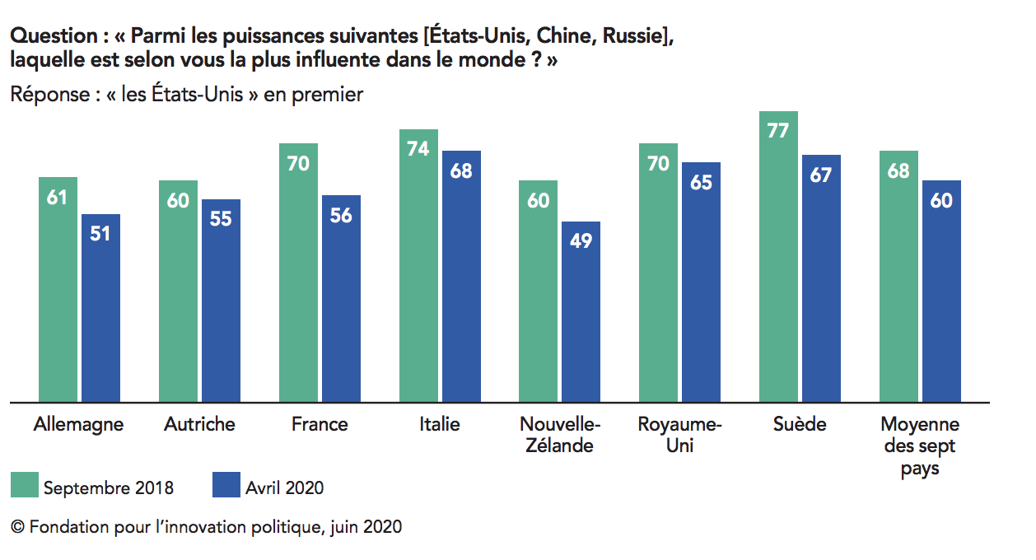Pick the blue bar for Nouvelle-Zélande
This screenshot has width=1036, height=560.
581,312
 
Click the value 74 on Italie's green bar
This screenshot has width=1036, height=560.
418,149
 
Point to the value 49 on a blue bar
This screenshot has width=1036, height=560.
581,241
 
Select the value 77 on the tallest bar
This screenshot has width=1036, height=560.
778,131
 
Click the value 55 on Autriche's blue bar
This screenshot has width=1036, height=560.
221,219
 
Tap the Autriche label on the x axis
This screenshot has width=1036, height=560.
199,424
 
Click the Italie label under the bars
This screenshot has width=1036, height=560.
439,424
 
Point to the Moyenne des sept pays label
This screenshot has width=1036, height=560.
919,446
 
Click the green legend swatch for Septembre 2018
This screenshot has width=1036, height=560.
24,485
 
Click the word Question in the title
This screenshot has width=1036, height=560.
54,36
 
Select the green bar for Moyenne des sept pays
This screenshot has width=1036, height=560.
898,277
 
